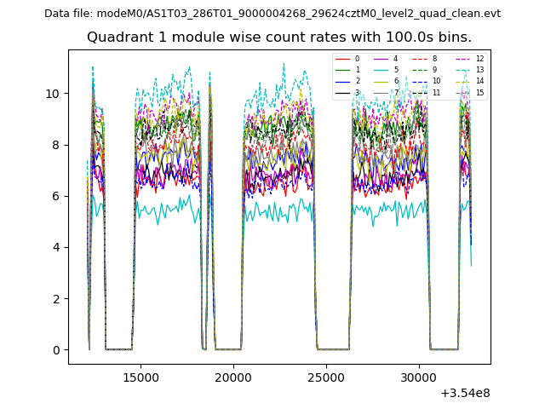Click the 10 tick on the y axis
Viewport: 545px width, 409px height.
coord(52,94)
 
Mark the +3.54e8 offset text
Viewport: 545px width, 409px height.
coord(465,393)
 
